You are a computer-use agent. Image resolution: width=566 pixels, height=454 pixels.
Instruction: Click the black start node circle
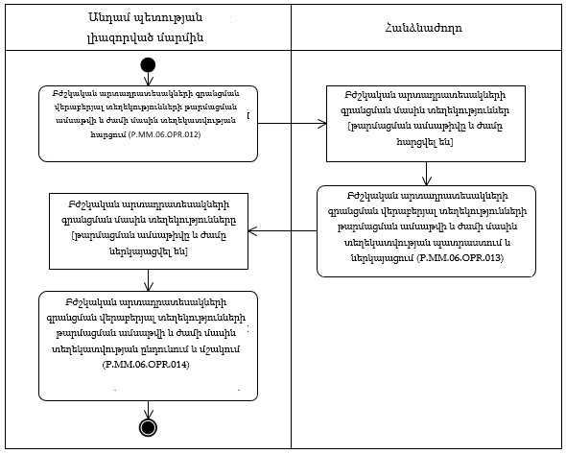point(148,64)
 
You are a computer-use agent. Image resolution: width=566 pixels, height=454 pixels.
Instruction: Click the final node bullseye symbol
point(148,426)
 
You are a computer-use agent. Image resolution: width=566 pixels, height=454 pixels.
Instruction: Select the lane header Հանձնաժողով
point(427,27)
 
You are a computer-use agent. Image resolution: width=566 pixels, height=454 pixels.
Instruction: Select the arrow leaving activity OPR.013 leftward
point(288,229)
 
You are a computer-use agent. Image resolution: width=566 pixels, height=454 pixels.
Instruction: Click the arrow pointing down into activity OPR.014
point(148,276)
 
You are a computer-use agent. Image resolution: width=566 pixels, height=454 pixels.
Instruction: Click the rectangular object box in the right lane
point(427,120)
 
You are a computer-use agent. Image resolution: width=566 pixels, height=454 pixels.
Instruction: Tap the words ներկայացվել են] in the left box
point(148,251)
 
